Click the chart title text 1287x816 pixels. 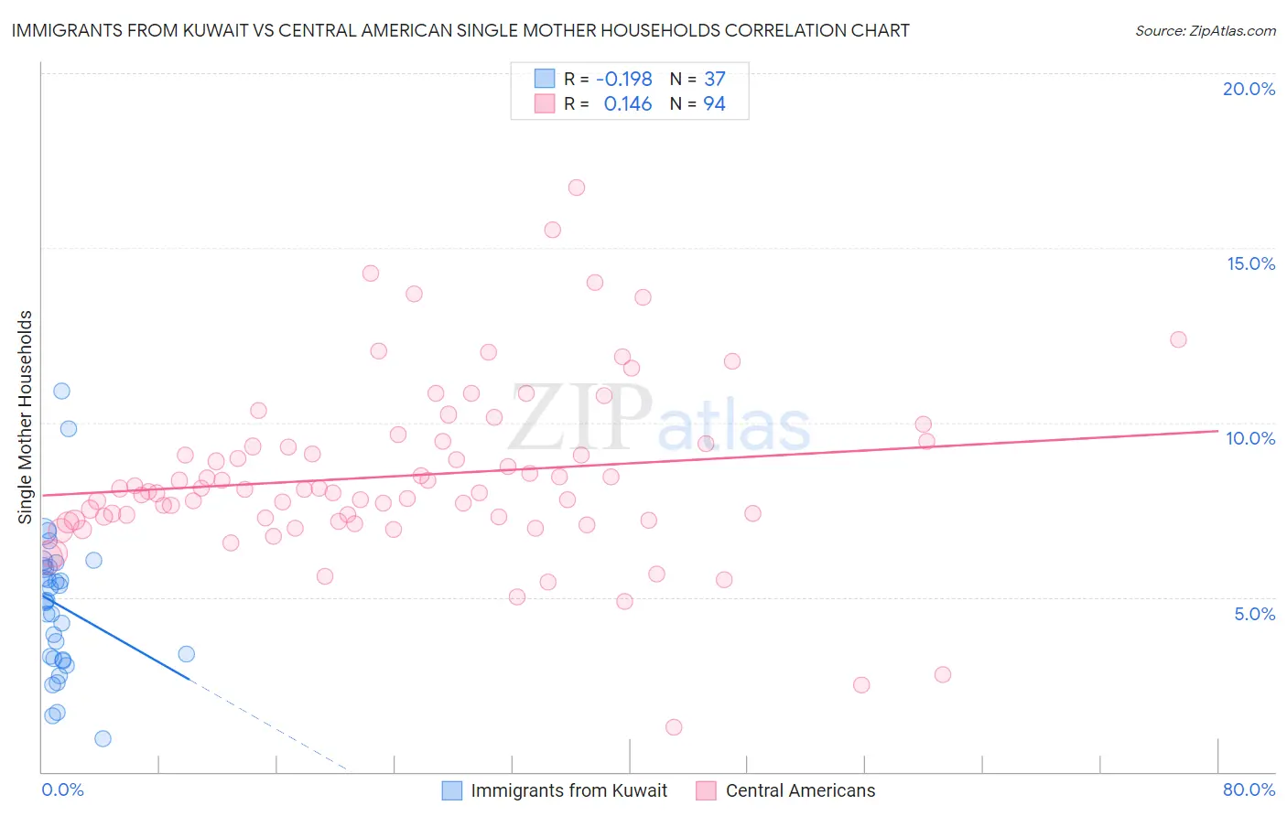click(460, 30)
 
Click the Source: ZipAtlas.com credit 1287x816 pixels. click(1205, 31)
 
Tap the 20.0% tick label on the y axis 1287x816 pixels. click(1249, 89)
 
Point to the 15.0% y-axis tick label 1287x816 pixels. click(1250, 263)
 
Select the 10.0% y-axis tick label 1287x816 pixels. click(1250, 438)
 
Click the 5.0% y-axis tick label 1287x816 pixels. click(1254, 614)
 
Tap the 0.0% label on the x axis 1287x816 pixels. click(62, 789)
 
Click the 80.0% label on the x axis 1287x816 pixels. click(1249, 789)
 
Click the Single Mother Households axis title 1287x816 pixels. click(26, 417)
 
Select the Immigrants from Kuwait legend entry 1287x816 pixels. click(568, 790)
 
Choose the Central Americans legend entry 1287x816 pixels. click(800, 790)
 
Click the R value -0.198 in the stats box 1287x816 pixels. click(623, 80)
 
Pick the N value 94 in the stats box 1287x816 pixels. click(714, 104)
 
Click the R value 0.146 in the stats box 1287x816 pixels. click(627, 104)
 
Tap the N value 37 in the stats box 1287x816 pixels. click(714, 80)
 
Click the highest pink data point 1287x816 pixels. click(576, 188)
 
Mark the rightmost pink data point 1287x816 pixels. click(1178, 339)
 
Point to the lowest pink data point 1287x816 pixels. click(674, 727)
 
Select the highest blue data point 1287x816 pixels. click(61, 391)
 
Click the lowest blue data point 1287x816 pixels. click(103, 738)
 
